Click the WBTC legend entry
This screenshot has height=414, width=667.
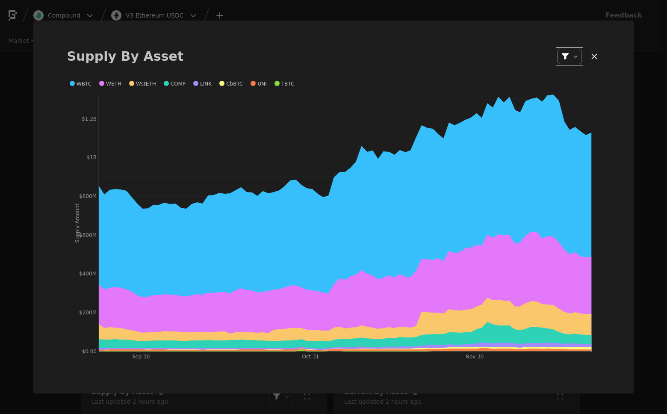tap(81, 84)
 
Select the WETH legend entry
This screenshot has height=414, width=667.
tap(110, 84)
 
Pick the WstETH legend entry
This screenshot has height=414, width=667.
tap(142, 84)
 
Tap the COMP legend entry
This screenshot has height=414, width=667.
tap(174, 84)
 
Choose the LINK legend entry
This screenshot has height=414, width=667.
tap(202, 84)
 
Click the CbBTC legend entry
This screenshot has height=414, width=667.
tap(231, 84)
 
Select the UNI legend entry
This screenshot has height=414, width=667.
tap(259, 84)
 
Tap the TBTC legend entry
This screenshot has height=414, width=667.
tap(284, 84)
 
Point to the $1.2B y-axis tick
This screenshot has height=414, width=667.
tap(89, 119)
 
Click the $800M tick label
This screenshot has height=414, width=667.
tap(88, 196)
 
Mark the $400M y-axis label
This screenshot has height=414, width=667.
tap(88, 274)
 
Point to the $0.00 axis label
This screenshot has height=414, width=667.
tap(89, 352)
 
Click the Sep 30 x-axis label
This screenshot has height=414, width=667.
tap(141, 357)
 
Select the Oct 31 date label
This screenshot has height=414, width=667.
tap(310, 357)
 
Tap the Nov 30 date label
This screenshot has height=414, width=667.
tap(475, 357)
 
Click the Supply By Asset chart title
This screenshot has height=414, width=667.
tap(125, 56)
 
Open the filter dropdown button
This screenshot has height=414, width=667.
tap(569, 56)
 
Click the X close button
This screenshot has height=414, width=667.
tap(594, 56)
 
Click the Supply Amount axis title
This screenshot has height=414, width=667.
tap(77, 223)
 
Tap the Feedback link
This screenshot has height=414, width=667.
tap(623, 15)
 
